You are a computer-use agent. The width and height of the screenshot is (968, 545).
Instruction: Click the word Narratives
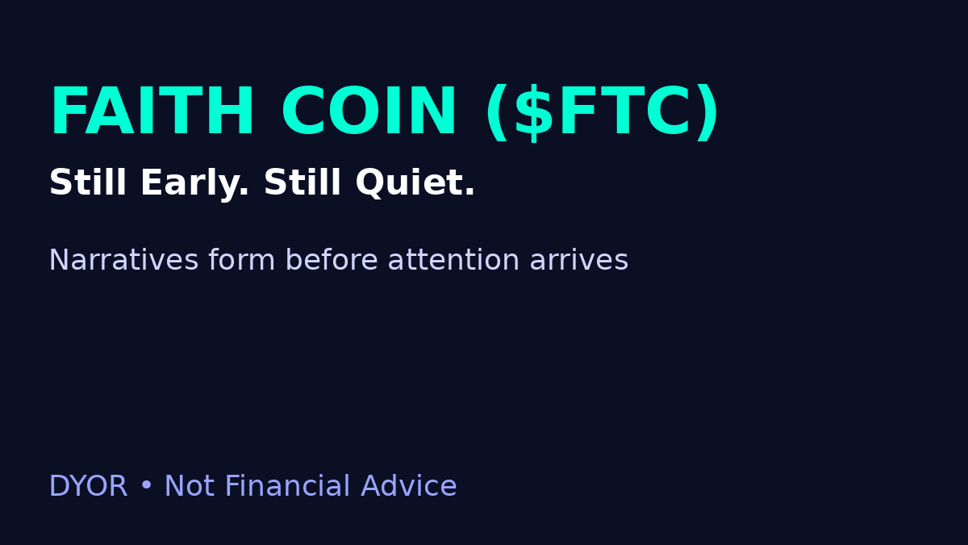(123, 261)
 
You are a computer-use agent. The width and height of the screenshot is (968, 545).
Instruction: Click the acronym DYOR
(88, 487)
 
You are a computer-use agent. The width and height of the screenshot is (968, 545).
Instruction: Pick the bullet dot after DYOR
(146, 487)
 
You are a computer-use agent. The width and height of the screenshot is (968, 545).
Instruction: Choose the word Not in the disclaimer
(189, 487)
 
